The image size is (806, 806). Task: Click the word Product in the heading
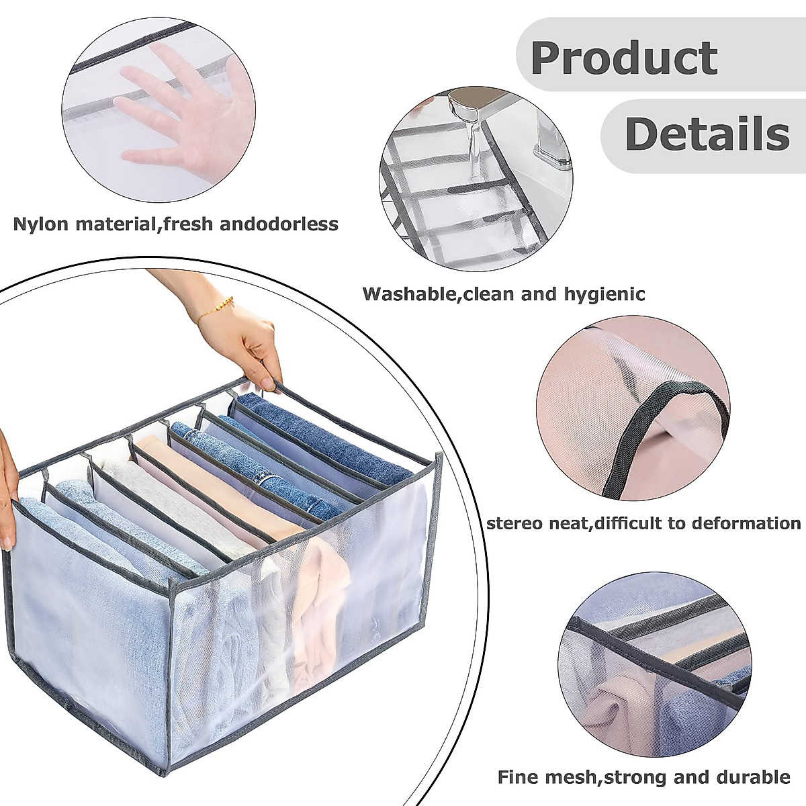point(624,58)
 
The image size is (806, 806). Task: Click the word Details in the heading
point(707,134)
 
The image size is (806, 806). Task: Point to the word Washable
point(408,294)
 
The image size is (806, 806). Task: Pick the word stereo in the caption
point(516,523)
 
